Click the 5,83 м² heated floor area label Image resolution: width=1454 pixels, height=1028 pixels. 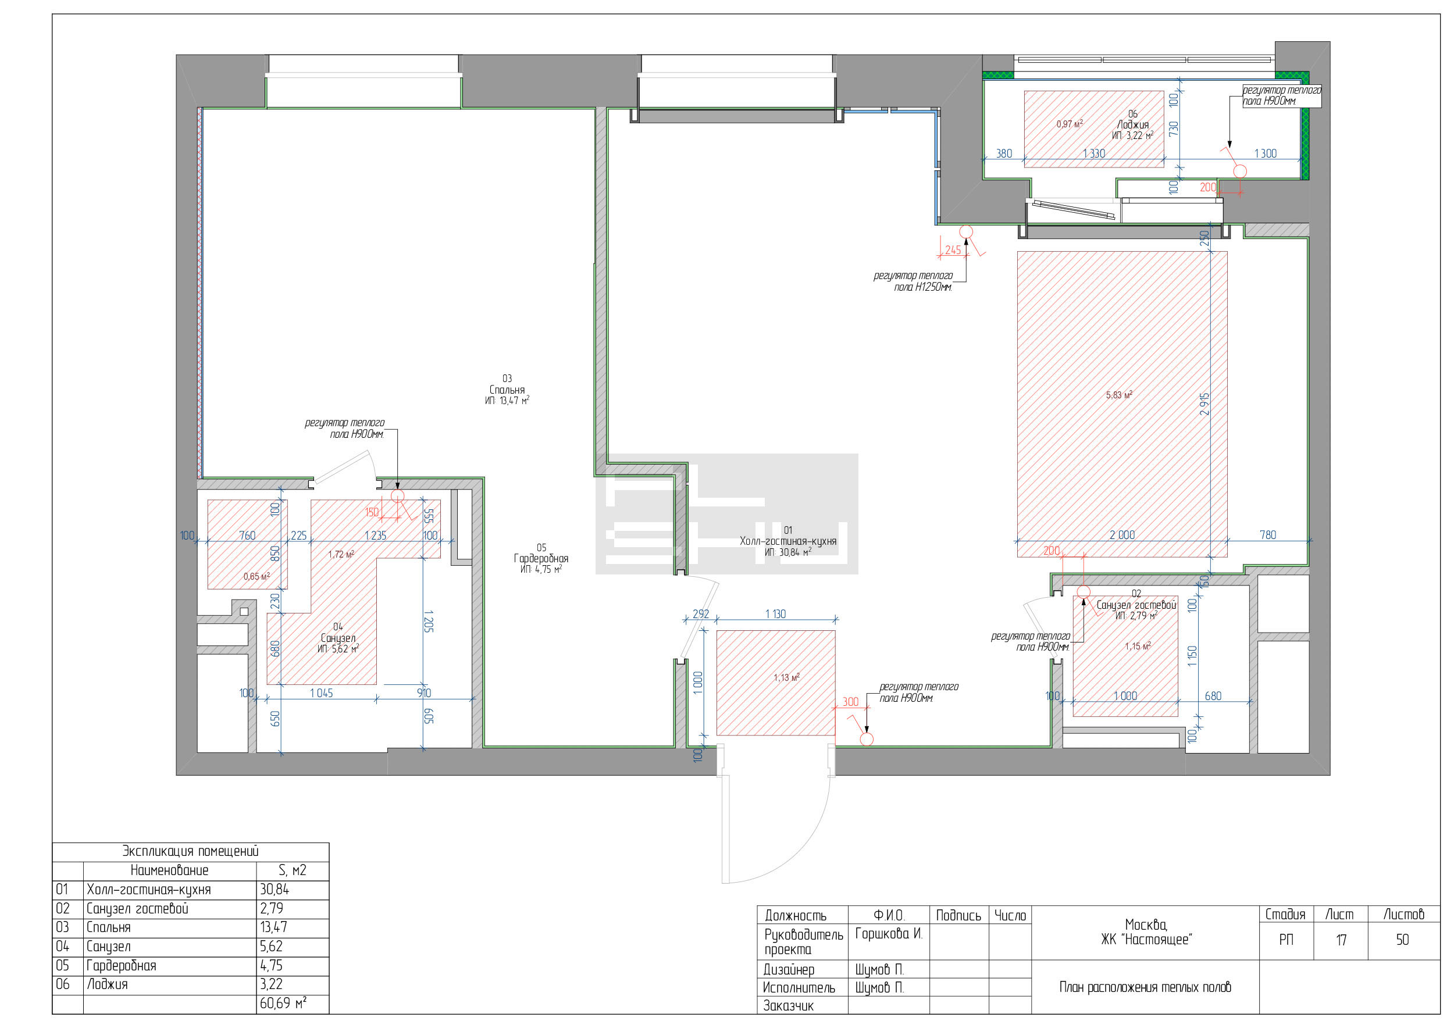pyautogui.click(x=1119, y=395)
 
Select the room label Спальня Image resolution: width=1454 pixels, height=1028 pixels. pyautogui.click(x=507, y=390)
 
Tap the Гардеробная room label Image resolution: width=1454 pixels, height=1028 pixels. pyautogui.click(x=541, y=558)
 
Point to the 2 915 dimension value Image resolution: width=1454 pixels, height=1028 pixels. pyautogui.click(x=1204, y=404)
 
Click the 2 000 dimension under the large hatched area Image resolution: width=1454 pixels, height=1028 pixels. pyautogui.click(x=1122, y=535)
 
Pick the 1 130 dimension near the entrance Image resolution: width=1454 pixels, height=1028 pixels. pyautogui.click(x=775, y=614)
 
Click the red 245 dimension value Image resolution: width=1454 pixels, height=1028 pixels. pyautogui.click(x=953, y=250)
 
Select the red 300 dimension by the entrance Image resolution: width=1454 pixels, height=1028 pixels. pyautogui.click(x=850, y=702)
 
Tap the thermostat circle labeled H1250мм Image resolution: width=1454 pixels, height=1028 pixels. pyautogui.click(x=965, y=231)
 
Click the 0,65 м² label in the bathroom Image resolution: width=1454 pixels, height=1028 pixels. pyautogui.click(x=256, y=576)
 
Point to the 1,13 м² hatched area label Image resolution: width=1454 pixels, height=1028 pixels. pyautogui.click(x=786, y=677)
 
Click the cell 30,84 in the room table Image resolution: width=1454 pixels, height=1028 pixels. pyautogui.click(x=274, y=890)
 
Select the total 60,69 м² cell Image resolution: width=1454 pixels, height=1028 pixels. pyautogui.click(x=283, y=1004)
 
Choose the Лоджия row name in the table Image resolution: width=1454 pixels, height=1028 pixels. pyautogui.click(x=107, y=984)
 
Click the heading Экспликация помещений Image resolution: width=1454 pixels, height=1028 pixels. pyautogui.click(x=190, y=851)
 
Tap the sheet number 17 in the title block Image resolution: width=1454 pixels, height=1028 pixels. pyautogui.click(x=1341, y=940)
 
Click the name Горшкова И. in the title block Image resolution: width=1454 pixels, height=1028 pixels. pyautogui.click(x=889, y=934)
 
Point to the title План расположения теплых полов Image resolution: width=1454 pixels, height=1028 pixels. pyautogui.click(x=1145, y=987)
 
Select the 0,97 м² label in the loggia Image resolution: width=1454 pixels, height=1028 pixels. pyautogui.click(x=1069, y=123)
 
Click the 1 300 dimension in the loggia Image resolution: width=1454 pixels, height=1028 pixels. pyautogui.click(x=1266, y=154)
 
